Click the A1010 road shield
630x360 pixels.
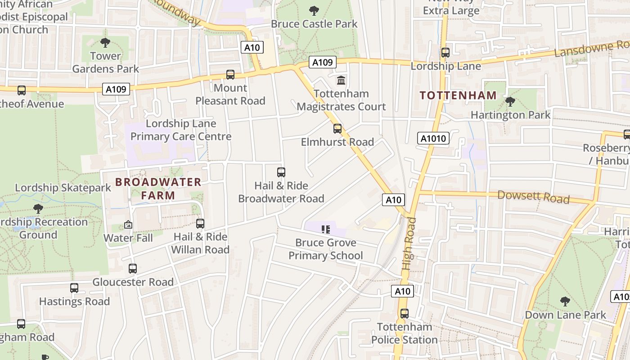click(x=434, y=138)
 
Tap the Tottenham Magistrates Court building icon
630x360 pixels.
click(x=341, y=81)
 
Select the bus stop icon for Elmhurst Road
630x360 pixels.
click(x=337, y=129)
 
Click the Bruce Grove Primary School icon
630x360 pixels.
click(x=326, y=229)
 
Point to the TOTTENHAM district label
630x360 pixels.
click(x=458, y=95)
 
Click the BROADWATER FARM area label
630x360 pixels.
click(x=158, y=189)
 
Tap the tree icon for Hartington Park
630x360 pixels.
click(x=510, y=102)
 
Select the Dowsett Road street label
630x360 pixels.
click(x=533, y=197)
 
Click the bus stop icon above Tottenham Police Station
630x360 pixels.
click(x=404, y=313)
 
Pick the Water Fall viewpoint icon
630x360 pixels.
click(x=128, y=225)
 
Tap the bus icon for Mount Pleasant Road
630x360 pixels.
click(x=230, y=74)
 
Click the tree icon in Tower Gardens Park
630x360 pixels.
click(x=105, y=43)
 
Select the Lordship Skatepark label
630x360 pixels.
click(x=63, y=188)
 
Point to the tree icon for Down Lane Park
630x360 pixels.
click(x=565, y=301)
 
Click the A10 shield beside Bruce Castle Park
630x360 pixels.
click(x=252, y=47)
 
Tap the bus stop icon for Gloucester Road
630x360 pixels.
click(x=132, y=269)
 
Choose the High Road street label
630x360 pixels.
click(x=409, y=243)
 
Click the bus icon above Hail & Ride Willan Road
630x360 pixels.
click(x=200, y=223)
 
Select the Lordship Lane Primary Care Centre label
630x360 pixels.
click(x=180, y=130)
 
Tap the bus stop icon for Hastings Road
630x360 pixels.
click(x=74, y=288)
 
